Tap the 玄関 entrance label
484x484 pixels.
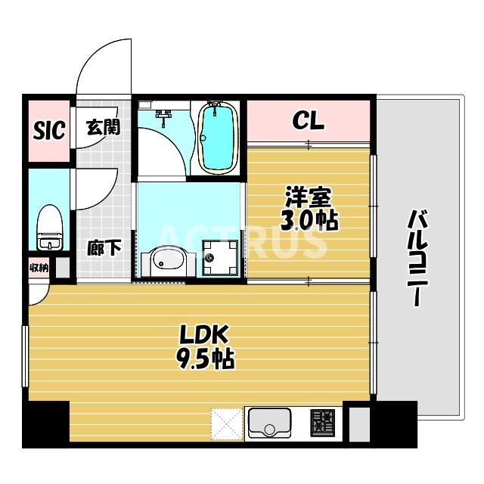click(103, 126)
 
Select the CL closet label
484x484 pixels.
click(309, 121)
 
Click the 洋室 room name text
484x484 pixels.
click(309, 198)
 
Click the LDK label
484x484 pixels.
click(203, 335)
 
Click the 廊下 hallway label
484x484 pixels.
click(104, 247)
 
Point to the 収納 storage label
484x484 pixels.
click(39, 267)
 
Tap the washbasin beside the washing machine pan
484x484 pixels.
click(165, 262)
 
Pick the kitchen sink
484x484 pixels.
click(268, 422)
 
